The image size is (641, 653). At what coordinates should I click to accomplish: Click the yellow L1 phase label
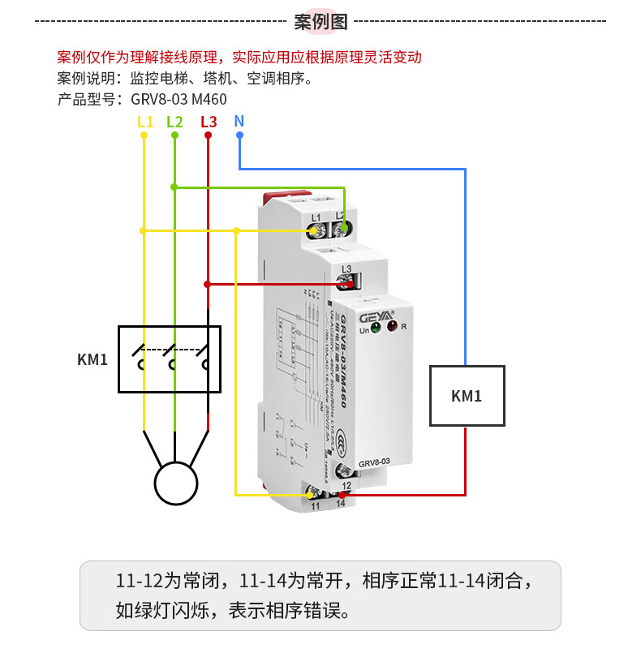pos(144,122)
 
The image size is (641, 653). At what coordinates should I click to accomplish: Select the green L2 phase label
pos(174,122)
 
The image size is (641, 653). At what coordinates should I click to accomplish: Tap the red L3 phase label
pos(208,122)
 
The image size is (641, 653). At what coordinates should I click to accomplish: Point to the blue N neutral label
pos(239,121)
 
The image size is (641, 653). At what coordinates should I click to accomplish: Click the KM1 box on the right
pos(467,396)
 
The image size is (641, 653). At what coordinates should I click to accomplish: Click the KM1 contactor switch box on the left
pos(169,359)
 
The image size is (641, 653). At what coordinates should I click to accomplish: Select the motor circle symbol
pos(176,483)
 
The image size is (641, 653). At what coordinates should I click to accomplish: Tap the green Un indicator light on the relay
pos(375,327)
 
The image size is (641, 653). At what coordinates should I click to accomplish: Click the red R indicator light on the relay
pos(393,327)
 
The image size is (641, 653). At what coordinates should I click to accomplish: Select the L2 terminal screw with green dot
pos(344,229)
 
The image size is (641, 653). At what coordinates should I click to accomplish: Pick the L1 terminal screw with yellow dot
pos(316,230)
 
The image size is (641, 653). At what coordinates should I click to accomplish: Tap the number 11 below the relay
pos(316,505)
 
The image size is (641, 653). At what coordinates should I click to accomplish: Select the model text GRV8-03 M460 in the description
pos(173,99)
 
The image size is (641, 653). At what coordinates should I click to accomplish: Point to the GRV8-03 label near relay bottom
pos(376,462)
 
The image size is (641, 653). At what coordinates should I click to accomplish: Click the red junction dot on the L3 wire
pos(208,284)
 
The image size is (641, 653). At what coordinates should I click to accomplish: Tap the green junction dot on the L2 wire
pos(174,187)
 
